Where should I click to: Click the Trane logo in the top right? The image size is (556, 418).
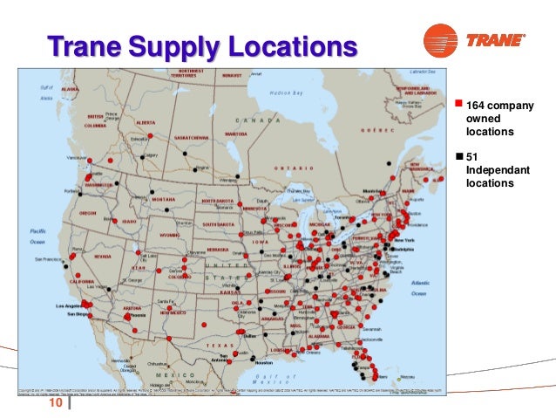coord(475,39)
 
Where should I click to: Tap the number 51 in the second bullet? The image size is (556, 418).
coord(473,156)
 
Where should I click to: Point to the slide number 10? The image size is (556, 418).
coord(56,403)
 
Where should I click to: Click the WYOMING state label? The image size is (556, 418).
coord(169,235)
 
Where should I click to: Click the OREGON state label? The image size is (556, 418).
coord(88,212)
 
